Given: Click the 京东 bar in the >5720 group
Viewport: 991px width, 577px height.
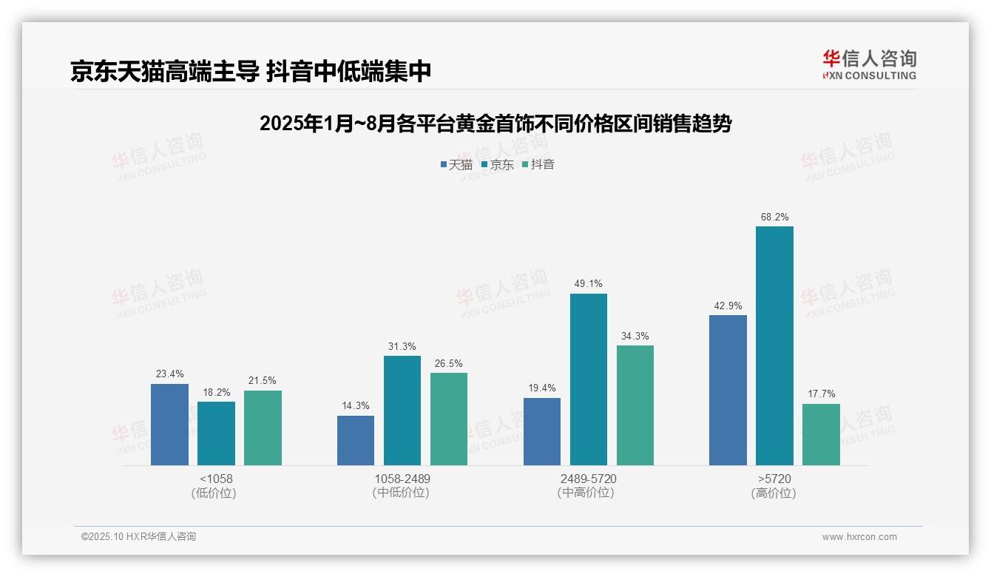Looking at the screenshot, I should pyautogui.click(x=774, y=345).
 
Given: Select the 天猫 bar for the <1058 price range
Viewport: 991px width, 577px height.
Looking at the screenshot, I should pyautogui.click(x=169, y=424).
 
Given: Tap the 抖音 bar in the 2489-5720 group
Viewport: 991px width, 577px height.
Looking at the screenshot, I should pyautogui.click(x=635, y=405).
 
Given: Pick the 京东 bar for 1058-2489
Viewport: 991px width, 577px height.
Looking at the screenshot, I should pyautogui.click(x=402, y=410).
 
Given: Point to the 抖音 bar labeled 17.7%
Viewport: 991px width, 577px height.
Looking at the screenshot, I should pyautogui.click(x=821, y=434).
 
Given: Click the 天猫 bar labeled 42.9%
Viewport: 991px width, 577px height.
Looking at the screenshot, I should pyautogui.click(x=728, y=390).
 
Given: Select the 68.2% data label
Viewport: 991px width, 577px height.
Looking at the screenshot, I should pyautogui.click(x=774, y=217).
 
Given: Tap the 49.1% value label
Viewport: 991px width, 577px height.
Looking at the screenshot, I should pyautogui.click(x=588, y=283).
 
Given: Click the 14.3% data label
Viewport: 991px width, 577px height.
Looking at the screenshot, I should pyautogui.click(x=356, y=405).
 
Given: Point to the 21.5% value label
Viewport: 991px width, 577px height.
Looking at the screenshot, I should pyautogui.click(x=263, y=380).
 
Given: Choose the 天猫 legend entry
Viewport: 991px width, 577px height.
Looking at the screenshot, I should pyautogui.click(x=456, y=164).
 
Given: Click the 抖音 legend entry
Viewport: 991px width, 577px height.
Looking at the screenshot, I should pyautogui.click(x=538, y=164).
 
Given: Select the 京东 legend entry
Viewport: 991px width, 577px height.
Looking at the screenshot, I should pyautogui.click(x=498, y=164).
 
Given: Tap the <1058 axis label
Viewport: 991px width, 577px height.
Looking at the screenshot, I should pyautogui.click(x=216, y=479).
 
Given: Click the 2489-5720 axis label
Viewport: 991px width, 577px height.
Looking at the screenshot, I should pyautogui.click(x=588, y=479).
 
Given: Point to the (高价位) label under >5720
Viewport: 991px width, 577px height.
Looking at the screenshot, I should pyautogui.click(x=774, y=493).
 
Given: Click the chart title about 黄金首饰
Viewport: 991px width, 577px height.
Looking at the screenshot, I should pyautogui.click(x=495, y=124).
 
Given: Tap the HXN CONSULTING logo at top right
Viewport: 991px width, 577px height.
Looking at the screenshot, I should pyautogui.click(x=869, y=64).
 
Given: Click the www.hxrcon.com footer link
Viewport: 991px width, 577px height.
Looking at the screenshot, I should pyautogui.click(x=859, y=536).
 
